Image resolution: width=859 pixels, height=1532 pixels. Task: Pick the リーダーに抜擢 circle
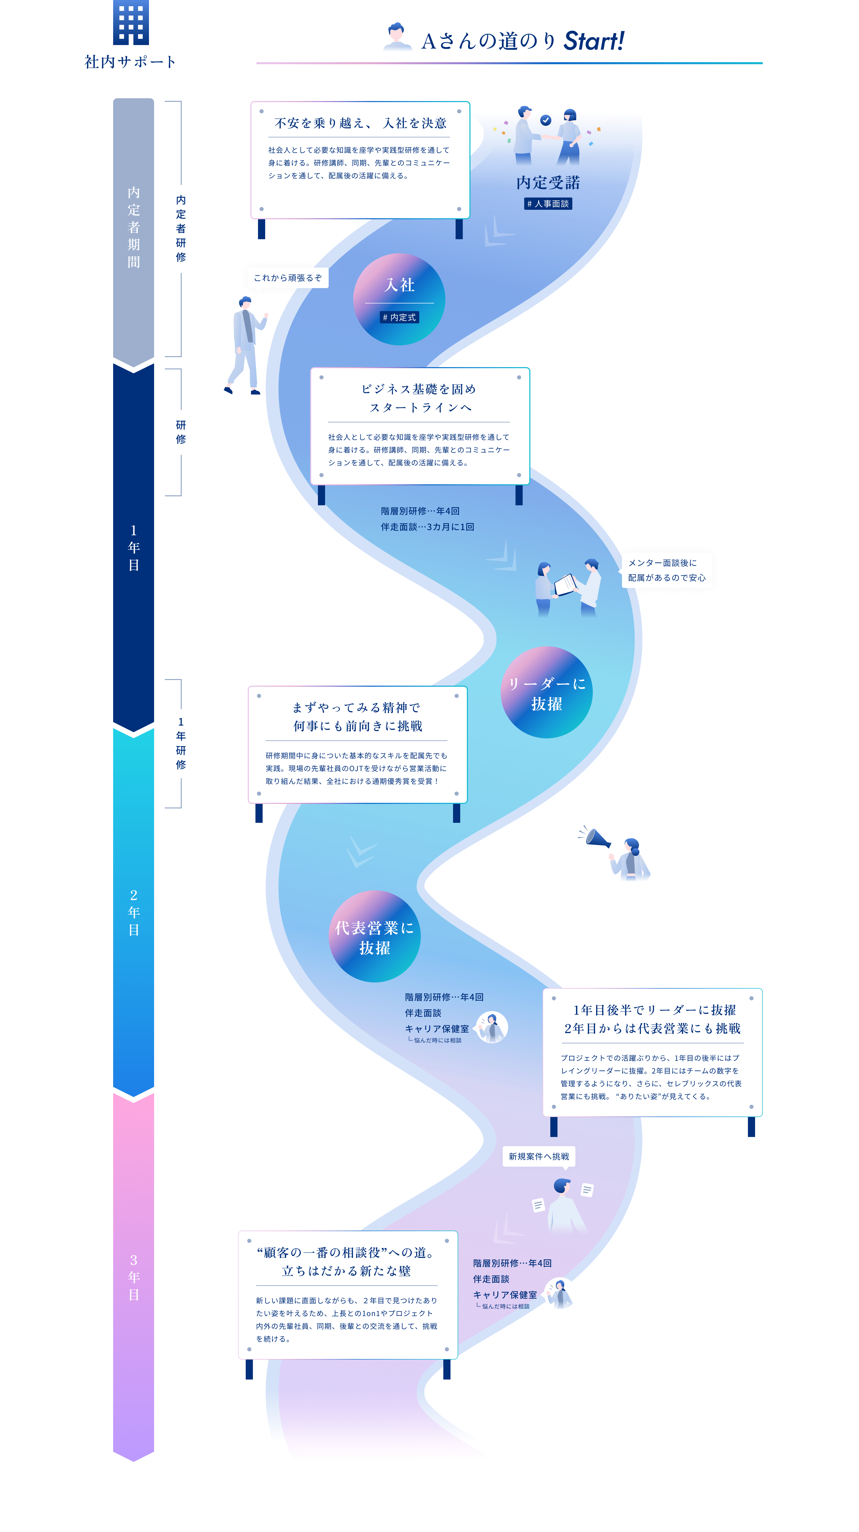point(546,693)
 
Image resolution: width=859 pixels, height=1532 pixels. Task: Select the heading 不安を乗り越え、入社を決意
point(360,123)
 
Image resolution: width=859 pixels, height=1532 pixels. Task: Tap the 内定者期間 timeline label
point(134,227)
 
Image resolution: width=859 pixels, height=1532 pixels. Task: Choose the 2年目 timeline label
point(134,912)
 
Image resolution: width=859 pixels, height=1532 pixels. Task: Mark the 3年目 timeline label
point(134,1277)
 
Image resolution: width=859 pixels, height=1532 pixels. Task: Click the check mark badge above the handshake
point(545,120)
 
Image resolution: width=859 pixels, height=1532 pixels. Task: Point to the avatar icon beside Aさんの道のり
point(397,37)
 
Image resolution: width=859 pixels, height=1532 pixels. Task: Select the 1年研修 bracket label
point(181,743)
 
